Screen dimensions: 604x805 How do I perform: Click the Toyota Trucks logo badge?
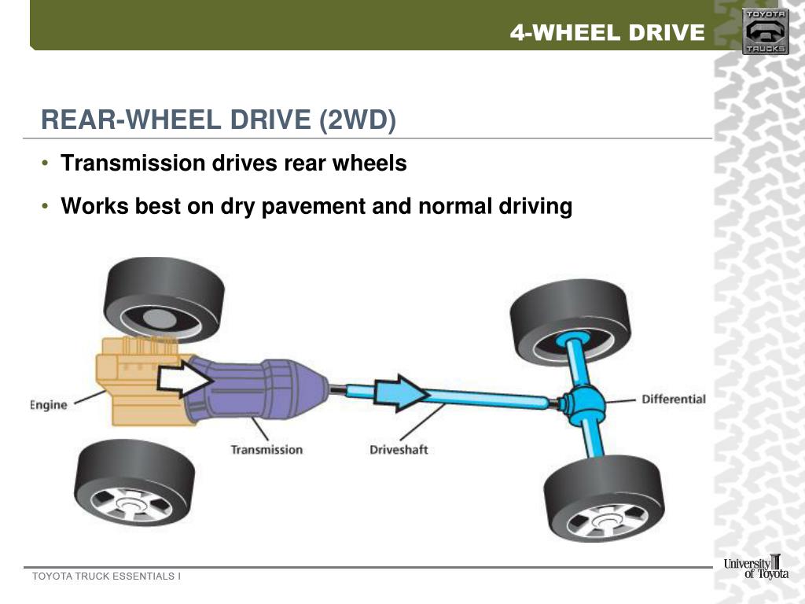tap(765, 31)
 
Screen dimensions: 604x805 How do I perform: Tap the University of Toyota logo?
tap(755, 567)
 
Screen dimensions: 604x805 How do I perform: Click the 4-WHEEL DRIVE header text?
tap(607, 32)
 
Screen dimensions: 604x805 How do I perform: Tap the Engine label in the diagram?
tap(49, 404)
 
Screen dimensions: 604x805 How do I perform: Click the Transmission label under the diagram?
tap(266, 450)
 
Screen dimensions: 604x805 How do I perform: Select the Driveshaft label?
tap(399, 450)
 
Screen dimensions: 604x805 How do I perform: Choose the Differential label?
tap(674, 399)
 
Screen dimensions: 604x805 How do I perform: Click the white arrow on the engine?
tap(185, 380)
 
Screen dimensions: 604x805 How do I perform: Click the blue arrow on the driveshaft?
tap(401, 392)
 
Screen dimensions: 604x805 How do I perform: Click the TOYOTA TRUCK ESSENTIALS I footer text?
tap(106, 576)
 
